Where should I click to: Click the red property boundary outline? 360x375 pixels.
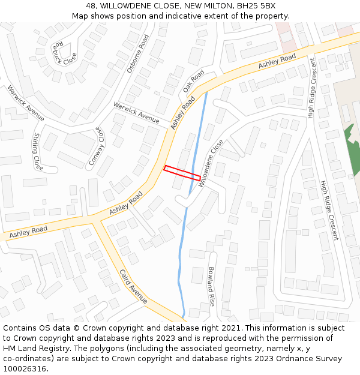(x=182, y=173)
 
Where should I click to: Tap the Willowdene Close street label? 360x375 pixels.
(x=211, y=163)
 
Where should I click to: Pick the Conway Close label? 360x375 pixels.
(x=97, y=147)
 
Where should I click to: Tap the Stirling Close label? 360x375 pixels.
(x=38, y=151)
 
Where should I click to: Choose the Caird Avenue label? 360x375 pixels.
(x=133, y=286)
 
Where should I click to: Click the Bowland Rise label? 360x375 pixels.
(x=211, y=286)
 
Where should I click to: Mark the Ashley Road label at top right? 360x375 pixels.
(x=277, y=61)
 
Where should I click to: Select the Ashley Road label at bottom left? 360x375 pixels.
(x=28, y=231)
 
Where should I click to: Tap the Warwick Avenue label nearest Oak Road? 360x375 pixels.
(x=136, y=112)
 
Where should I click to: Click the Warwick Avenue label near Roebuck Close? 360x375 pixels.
(x=26, y=103)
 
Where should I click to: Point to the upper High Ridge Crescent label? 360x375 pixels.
(x=311, y=88)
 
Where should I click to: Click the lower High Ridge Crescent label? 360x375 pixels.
(x=329, y=210)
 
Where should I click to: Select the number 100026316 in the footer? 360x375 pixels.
(x=25, y=368)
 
